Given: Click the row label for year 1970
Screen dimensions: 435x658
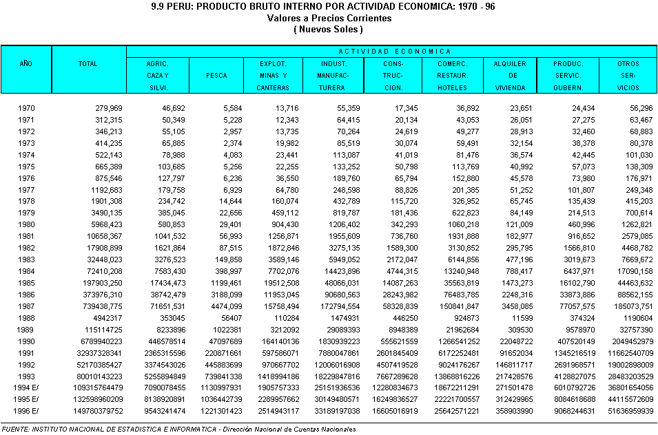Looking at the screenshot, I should pyautogui.click(x=26, y=109).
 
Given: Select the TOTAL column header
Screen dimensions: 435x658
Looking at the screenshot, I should pyautogui.click(x=88, y=63).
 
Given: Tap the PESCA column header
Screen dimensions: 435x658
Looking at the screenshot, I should pyautogui.click(x=216, y=76).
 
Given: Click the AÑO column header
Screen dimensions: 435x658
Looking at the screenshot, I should pyautogui.click(x=26, y=63).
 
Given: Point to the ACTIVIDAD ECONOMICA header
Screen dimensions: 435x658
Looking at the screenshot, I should pyautogui.click(x=395, y=51).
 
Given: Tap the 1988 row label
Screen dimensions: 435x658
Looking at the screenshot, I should pyautogui.click(x=26, y=318).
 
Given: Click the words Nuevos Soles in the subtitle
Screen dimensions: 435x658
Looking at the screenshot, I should pyautogui.click(x=328, y=29).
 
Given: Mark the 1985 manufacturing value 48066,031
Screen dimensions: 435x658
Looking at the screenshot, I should pyautogui.click(x=338, y=283).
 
